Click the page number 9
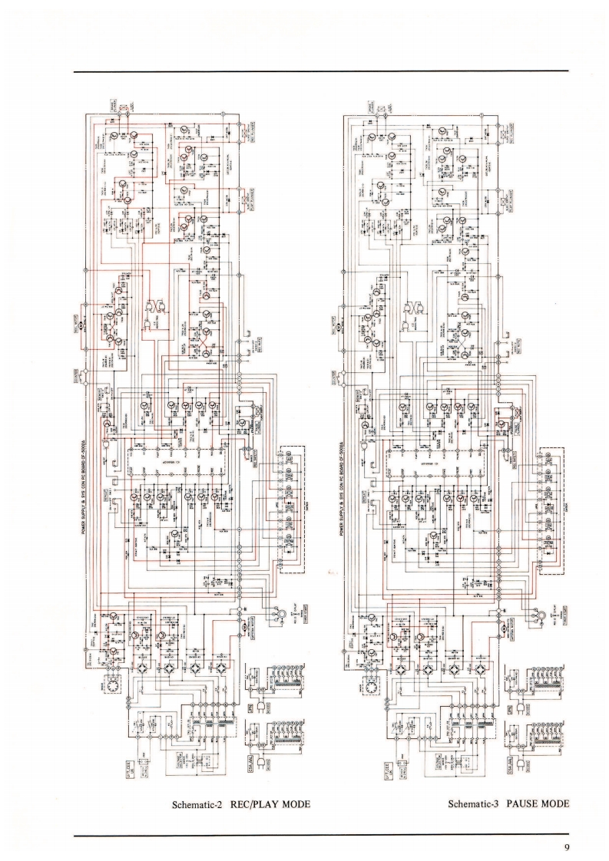click(x=565, y=847)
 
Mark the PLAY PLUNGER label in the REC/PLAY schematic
click(x=250, y=201)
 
